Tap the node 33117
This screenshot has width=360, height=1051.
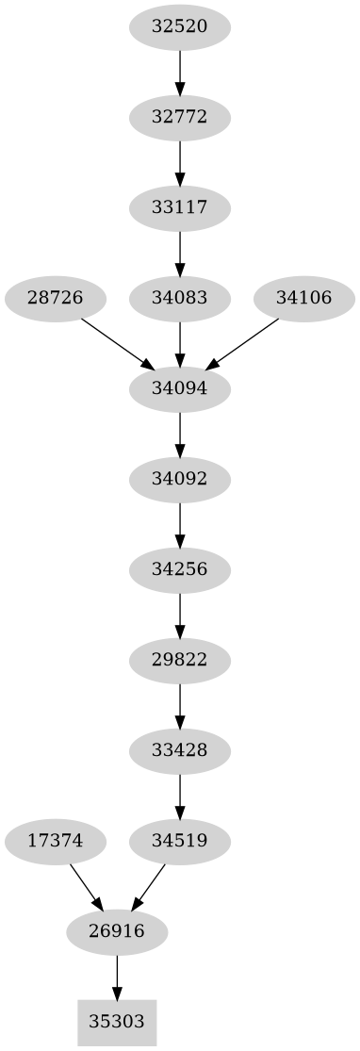[x=179, y=207]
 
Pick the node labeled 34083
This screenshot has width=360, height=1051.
[x=179, y=298]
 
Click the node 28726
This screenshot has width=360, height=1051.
[x=55, y=298]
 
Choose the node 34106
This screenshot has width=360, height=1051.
[x=303, y=298]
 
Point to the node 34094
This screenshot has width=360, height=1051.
[x=179, y=388]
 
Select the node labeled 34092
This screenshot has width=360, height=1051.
[x=179, y=479]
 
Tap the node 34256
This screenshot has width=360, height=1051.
[x=179, y=569]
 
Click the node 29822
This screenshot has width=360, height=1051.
[x=179, y=660]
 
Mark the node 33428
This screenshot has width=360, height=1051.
[x=179, y=750]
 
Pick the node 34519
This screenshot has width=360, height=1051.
[x=179, y=840]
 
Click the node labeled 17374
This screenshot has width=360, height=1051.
[x=55, y=840]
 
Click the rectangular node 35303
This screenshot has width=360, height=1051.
[x=117, y=1021]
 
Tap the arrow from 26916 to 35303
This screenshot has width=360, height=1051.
[x=117, y=977]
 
